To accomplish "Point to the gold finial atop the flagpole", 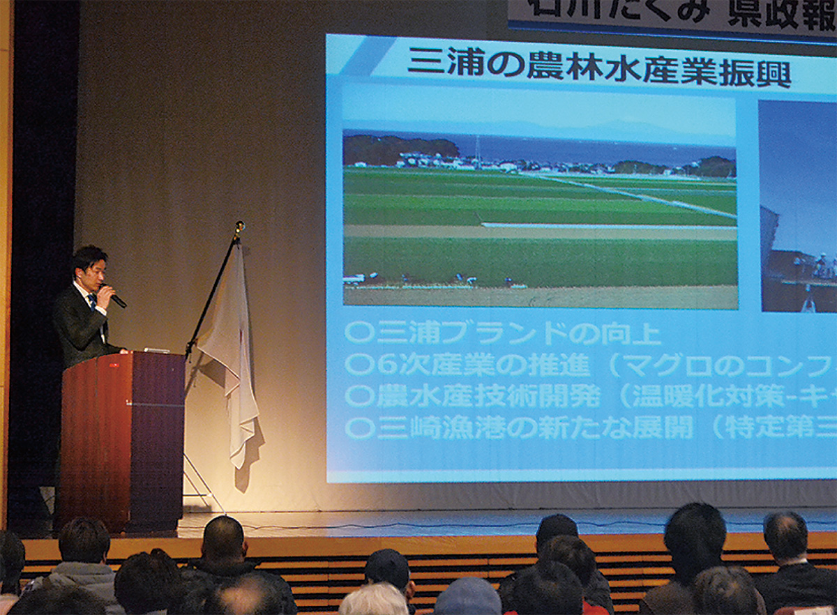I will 239,227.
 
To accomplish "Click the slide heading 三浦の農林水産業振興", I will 598,68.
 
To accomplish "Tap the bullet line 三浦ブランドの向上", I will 503,333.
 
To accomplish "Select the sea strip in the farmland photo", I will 593,149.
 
